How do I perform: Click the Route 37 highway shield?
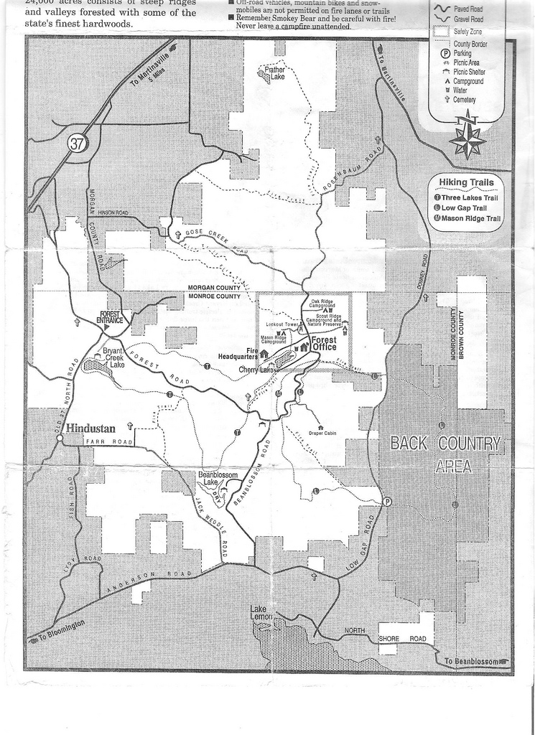pos(77,143)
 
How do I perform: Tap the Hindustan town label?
pos(90,429)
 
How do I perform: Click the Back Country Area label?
pos(445,454)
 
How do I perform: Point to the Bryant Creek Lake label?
pos(114,357)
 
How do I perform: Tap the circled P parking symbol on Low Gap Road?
pos(387,502)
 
